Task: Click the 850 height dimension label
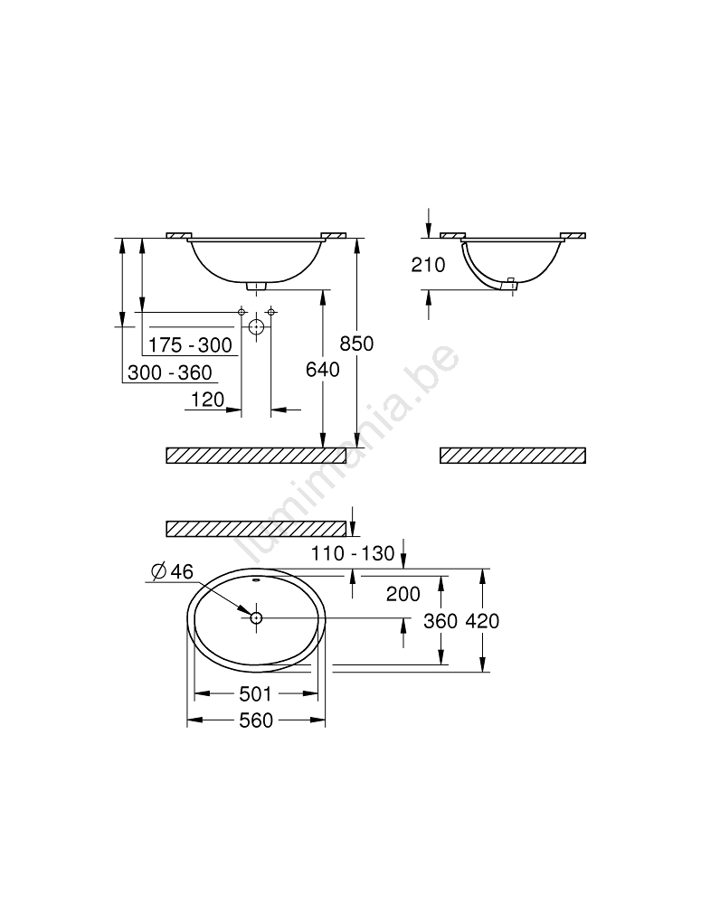tap(356, 344)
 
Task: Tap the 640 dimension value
tap(323, 370)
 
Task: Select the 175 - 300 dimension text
tap(190, 344)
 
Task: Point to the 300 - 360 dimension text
tap(170, 372)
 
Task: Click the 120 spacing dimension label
tap(207, 399)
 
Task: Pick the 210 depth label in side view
tap(428, 265)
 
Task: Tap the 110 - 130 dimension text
tap(353, 553)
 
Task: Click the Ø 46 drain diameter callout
tap(172, 571)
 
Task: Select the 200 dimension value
tap(403, 594)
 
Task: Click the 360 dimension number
tap(440, 621)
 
